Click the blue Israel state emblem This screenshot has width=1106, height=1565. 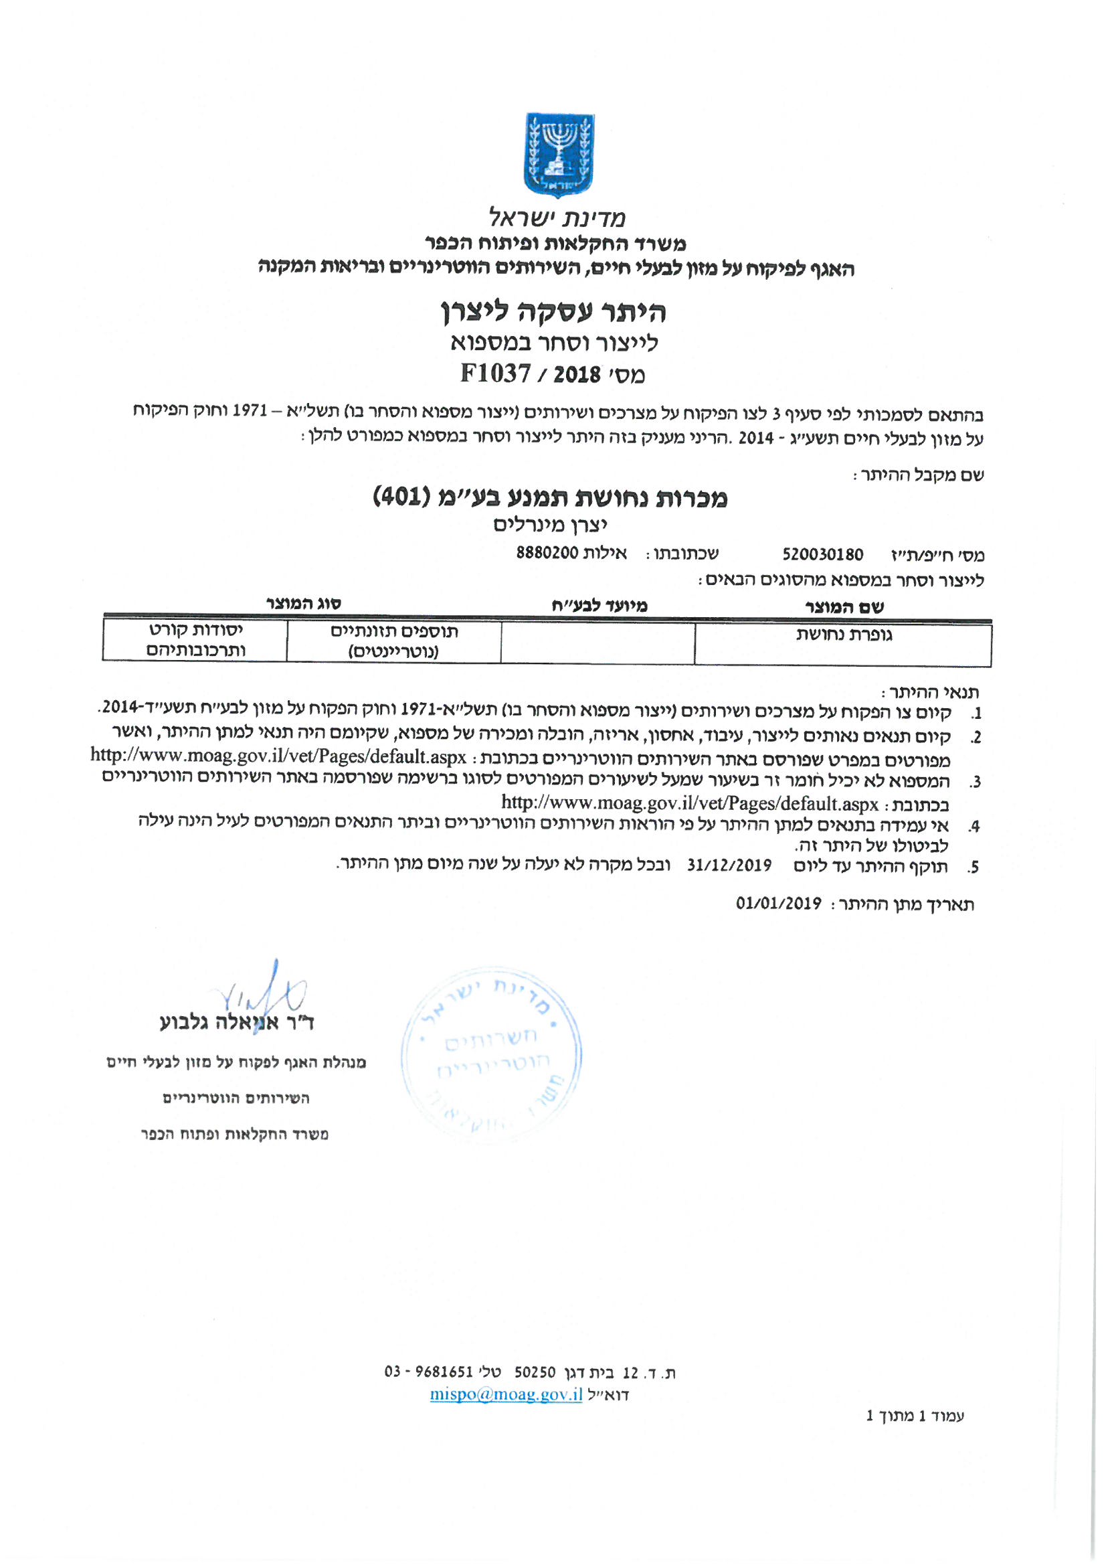click(x=557, y=155)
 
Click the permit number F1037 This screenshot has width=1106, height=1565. click(x=495, y=374)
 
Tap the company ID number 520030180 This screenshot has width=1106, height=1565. click(x=822, y=554)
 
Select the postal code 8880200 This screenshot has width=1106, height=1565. click(x=547, y=552)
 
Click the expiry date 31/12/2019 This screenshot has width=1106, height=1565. click(x=729, y=866)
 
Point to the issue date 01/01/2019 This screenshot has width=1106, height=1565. click(x=779, y=904)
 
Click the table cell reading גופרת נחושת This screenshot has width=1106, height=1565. click(x=844, y=635)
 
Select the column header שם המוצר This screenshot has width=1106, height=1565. click(x=844, y=606)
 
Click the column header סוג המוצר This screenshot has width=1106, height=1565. click(x=303, y=603)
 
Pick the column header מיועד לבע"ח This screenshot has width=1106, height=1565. click(x=599, y=604)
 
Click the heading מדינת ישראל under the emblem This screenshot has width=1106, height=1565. click(x=557, y=218)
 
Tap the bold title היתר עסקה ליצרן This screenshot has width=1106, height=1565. click(x=553, y=312)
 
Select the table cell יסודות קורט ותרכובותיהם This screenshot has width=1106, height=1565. click(x=195, y=639)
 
